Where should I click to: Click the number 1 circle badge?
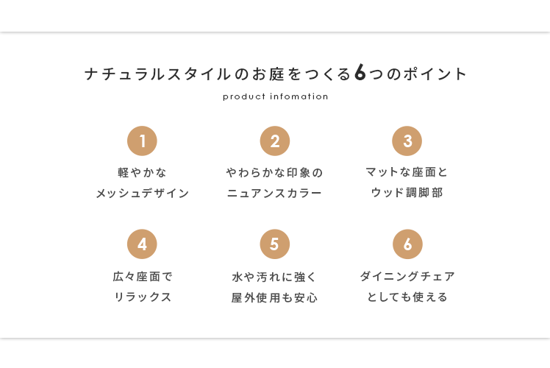[x=142, y=141]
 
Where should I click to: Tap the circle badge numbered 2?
[x=275, y=141]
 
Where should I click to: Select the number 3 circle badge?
[x=407, y=141]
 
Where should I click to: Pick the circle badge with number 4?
[x=142, y=244]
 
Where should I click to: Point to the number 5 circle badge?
[x=275, y=244]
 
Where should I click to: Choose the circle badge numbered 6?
[x=407, y=244]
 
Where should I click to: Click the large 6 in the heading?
[x=360, y=73]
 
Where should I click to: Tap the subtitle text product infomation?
[x=275, y=96]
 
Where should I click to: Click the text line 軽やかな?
[x=143, y=173]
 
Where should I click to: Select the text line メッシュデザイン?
[x=143, y=194]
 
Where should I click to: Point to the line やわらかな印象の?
[x=275, y=173]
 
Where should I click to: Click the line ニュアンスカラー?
[x=275, y=194]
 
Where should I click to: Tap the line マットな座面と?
[x=407, y=172]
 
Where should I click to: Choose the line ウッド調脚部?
[x=407, y=193]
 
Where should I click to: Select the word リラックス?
[x=143, y=297]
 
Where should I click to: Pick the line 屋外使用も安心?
[x=275, y=298]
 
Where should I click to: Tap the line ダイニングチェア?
[x=407, y=277]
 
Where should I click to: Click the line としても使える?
[x=407, y=297]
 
